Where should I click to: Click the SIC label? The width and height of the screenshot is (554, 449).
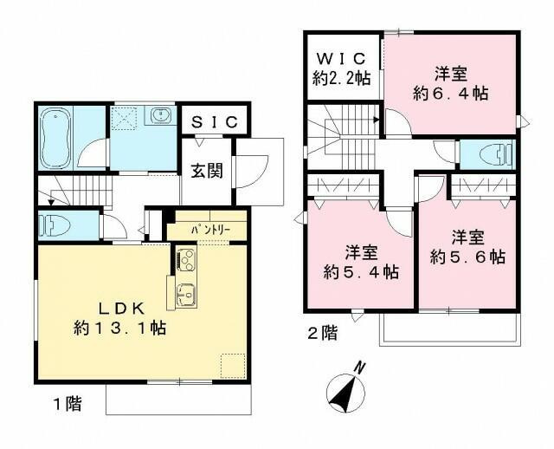(x=215, y=122)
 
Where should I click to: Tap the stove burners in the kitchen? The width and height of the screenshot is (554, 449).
(x=186, y=258)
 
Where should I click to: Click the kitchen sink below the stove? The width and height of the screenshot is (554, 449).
(x=185, y=294)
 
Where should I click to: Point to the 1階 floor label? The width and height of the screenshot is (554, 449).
(x=57, y=404)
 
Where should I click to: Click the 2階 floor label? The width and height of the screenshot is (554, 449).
(x=319, y=332)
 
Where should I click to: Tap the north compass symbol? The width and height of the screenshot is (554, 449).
(x=346, y=391)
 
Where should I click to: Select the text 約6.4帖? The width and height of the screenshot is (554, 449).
(x=450, y=94)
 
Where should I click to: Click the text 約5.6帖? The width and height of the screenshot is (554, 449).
(x=468, y=257)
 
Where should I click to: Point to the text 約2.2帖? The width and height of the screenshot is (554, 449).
(x=341, y=79)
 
